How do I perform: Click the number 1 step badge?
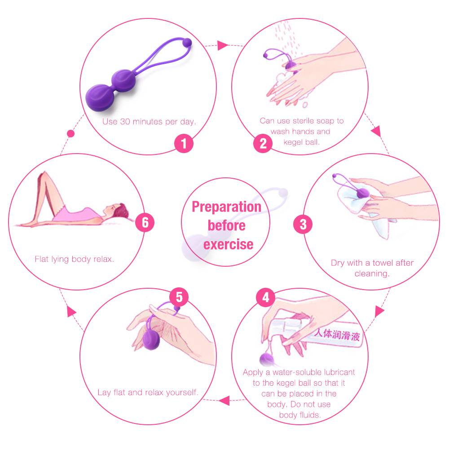coord(184,143)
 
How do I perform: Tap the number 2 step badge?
coord(263,143)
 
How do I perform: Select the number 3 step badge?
coord(303,224)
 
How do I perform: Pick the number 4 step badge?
coord(266,298)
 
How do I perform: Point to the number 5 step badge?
coord(179,297)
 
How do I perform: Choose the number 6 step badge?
coord(145,223)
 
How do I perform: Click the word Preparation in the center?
coord(226,207)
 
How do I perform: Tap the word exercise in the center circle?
coord(228,244)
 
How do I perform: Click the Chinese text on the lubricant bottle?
coord(337,335)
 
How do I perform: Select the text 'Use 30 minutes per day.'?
coord(149,122)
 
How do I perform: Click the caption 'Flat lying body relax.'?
coord(75,259)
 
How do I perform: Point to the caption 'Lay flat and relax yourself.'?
coord(148,392)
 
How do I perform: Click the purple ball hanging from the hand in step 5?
coord(151,339)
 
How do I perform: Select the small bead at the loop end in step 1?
coord(187,42)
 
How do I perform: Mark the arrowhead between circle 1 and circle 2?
coord(223,45)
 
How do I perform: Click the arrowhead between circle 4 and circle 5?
coord(224,401)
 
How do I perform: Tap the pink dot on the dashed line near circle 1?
coord(70,133)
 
